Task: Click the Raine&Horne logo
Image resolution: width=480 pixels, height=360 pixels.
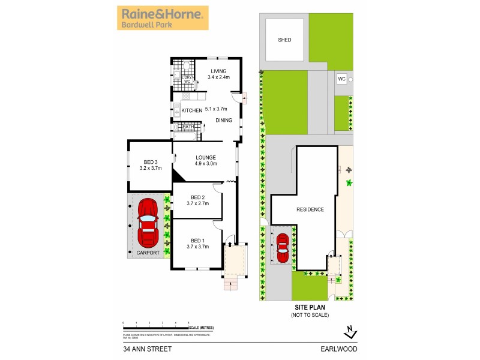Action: point(163,18)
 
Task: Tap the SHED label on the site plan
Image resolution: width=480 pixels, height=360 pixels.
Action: point(284,40)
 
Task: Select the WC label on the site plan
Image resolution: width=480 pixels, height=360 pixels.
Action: point(341,79)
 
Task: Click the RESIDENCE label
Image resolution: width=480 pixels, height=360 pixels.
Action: point(310,209)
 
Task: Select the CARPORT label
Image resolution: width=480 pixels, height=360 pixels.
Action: point(148,253)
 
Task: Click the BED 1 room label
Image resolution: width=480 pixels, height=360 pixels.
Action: point(198,239)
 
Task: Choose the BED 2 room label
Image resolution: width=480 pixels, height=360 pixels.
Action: point(198,198)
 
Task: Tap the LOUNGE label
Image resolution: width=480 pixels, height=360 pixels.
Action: point(205,157)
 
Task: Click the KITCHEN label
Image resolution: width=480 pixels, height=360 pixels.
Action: point(192,110)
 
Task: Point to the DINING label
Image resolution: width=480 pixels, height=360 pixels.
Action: point(224,120)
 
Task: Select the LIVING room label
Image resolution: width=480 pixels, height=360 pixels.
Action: point(218,71)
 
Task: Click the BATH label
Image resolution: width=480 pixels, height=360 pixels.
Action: point(188,127)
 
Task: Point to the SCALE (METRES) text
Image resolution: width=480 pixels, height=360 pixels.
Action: point(201,328)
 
